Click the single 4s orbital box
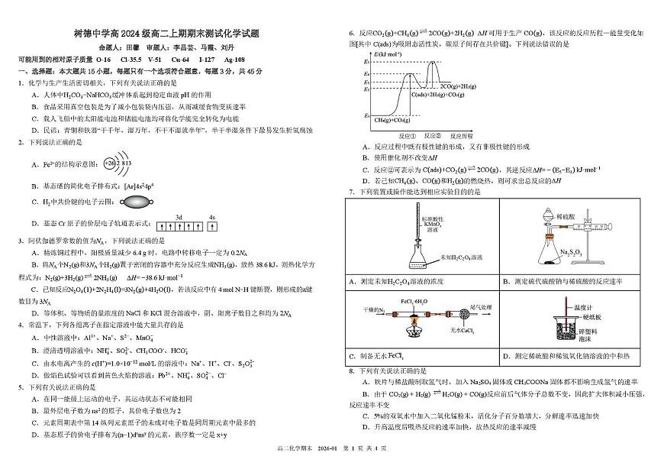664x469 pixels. (212, 226)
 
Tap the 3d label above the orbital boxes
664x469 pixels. (179, 217)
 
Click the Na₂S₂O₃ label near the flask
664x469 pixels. (574, 251)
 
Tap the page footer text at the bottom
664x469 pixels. (333, 459)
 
